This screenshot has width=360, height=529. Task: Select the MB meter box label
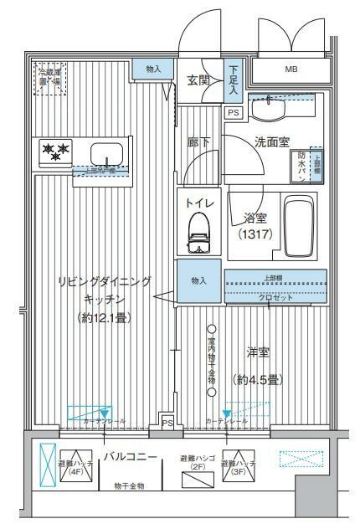coord(291,69)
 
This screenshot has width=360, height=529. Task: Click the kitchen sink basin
coord(106,154)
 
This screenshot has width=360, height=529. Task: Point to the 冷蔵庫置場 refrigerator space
coord(49,77)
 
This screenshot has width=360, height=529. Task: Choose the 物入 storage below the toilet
coord(199,282)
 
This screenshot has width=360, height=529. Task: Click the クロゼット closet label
coord(274,296)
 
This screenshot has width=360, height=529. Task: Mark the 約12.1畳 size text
coord(105,317)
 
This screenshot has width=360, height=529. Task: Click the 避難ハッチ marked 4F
coord(74,464)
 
